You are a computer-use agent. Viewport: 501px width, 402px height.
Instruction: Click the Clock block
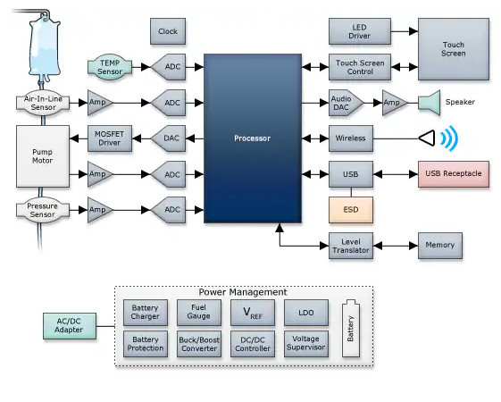coord(168,31)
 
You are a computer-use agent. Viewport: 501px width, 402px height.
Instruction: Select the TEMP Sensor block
coord(110,67)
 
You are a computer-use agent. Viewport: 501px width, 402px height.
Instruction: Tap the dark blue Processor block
coord(253,138)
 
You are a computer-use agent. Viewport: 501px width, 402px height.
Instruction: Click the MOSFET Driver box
coord(110,138)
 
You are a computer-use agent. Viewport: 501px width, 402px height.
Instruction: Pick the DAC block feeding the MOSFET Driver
coord(169,138)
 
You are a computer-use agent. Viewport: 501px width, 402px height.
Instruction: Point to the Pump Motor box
coord(43,156)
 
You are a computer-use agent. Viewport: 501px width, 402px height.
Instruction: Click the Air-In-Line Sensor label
coord(43,103)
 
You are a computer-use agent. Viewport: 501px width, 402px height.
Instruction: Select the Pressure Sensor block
coord(43,210)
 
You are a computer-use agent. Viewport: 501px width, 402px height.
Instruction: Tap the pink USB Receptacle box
coord(454,174)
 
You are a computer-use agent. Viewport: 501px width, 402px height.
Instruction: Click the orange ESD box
coord(351,210)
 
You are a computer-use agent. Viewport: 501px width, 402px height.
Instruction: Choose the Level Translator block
coord(351,246)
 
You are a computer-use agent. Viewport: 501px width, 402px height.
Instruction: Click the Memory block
coord(440,246)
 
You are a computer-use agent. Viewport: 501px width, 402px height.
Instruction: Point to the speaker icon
coord(430,103)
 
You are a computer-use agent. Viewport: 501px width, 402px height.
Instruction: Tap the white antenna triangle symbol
coord(427,138)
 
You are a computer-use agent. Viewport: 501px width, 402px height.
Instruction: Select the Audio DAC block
coord(346,103)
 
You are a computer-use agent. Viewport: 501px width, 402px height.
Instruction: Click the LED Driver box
coord(360,31)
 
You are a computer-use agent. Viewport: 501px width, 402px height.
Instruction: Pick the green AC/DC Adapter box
coord(70,326)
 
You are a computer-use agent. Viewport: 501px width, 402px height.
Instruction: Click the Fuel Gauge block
coord(199,312)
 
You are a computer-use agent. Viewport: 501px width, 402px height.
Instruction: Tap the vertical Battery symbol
coord(351,328)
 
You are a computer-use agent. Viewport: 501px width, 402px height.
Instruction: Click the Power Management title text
coord(243,292)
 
